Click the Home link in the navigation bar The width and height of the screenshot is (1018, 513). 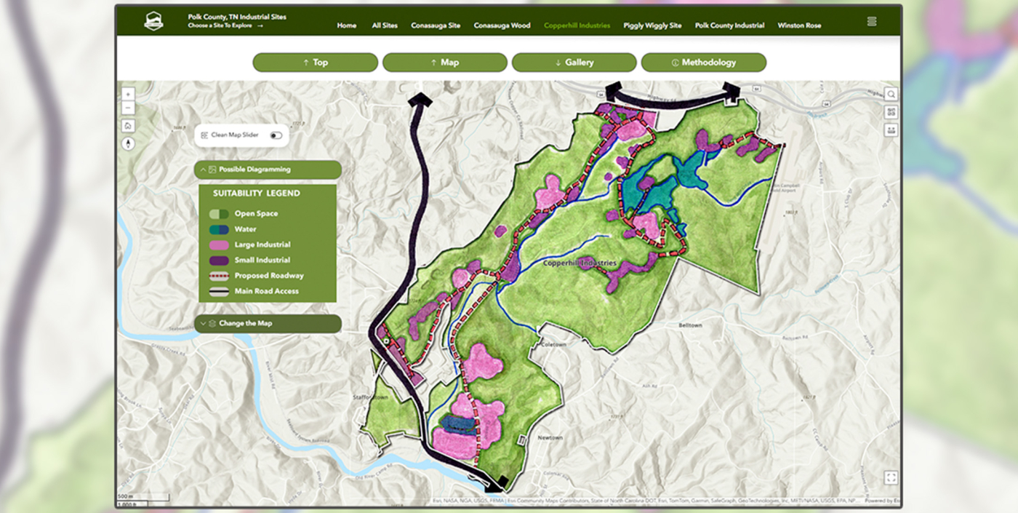pos(347,25)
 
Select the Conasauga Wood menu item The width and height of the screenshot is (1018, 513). pos(502,25)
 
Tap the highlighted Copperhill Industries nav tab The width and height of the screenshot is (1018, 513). pos(577,25)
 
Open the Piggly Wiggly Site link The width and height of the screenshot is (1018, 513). pos(652,25)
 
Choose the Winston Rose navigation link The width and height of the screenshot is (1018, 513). pos(799,25)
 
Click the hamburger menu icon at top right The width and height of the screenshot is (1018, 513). pos(872,21)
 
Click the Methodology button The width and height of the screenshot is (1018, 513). pos(703,63)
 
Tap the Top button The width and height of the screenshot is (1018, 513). pos(315,63)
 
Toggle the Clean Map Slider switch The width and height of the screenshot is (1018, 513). pos(276,135)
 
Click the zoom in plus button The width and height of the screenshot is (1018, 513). pos(128,94)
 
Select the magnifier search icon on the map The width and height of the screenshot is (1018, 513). pos(891,94)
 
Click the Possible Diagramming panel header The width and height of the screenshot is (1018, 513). pos(268,170)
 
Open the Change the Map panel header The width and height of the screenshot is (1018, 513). pos(268,324)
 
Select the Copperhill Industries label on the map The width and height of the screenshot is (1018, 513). pos(580,263)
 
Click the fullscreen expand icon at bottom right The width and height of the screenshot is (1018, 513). pos(891,477)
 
